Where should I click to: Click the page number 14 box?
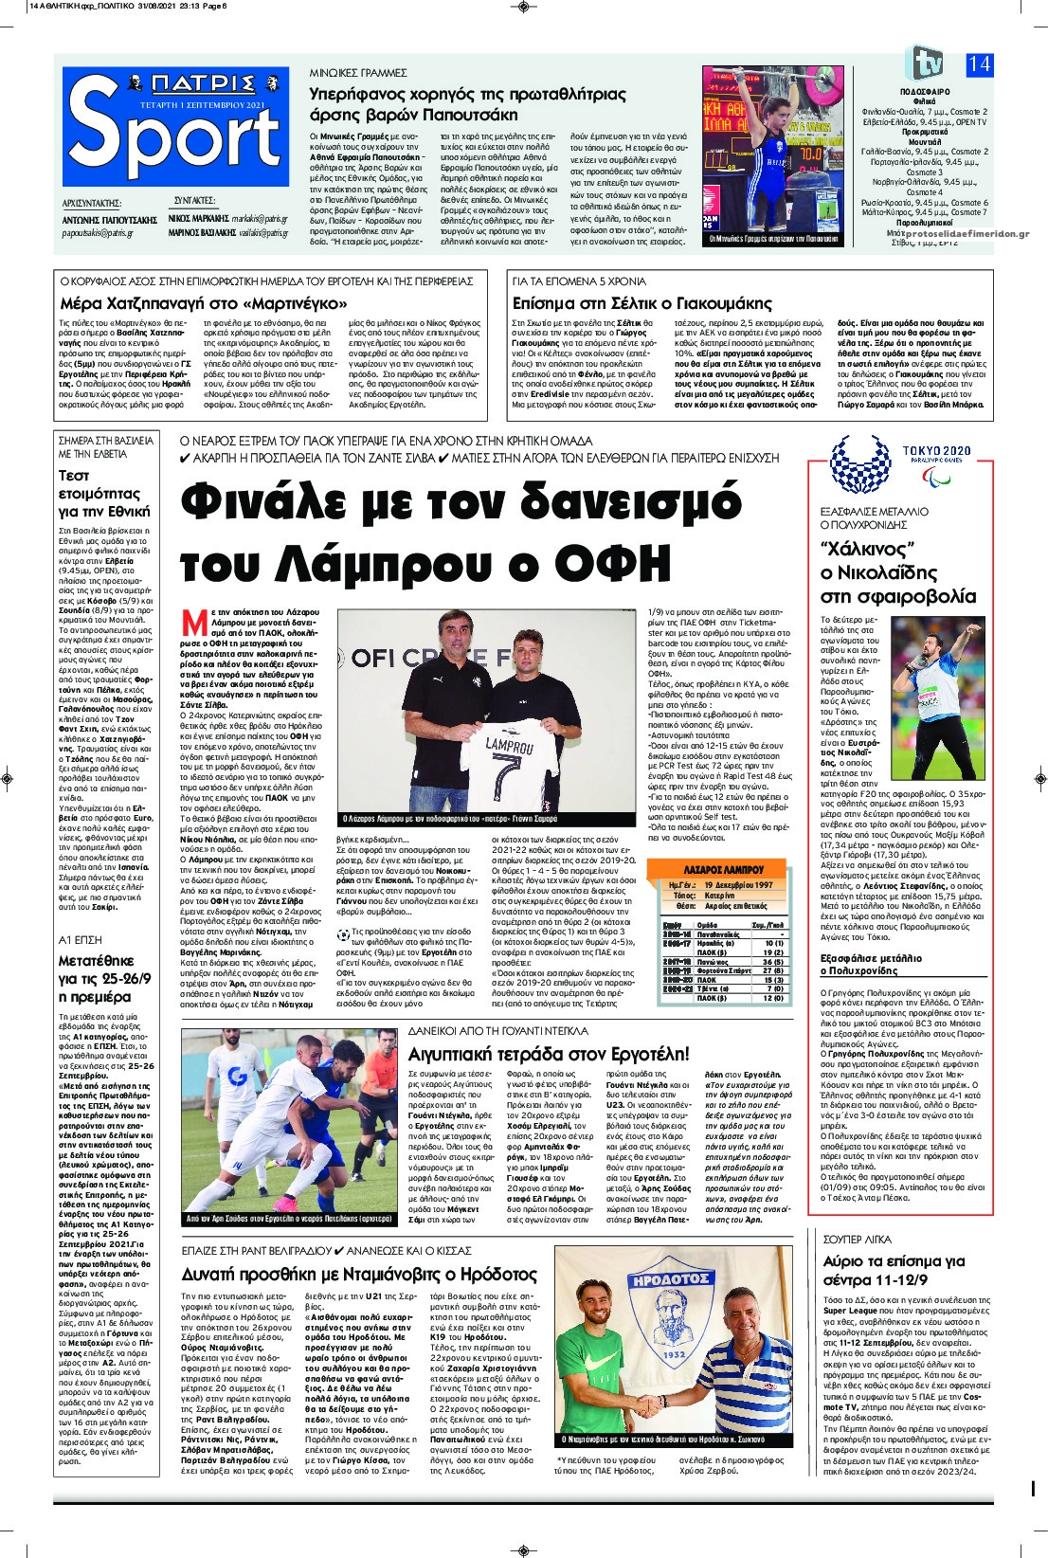979,64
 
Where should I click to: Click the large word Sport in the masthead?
175,141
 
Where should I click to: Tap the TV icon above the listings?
924,63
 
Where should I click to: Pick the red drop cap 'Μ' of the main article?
194,623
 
